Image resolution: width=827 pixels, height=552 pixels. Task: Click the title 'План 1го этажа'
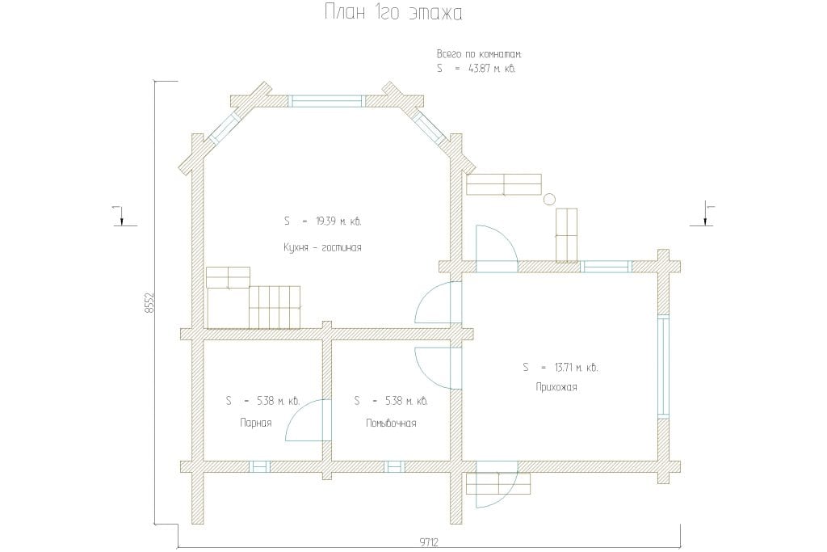pos(393,13)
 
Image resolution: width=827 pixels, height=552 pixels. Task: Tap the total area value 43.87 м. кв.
pos(492,69)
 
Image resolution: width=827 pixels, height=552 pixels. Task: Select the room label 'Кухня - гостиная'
pos(322,247)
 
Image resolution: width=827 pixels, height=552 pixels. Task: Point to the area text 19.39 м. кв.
pos(338,221)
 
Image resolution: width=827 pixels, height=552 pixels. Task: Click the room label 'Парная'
pos(256,423)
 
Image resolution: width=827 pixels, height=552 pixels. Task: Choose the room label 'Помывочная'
pos(391,423)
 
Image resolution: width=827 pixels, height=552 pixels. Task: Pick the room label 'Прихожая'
pos(556,387)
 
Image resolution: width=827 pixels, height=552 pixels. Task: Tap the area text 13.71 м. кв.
pos(576,367)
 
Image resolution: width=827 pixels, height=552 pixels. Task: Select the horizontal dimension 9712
pos(429,542)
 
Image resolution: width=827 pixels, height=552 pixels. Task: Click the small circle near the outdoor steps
pos(549,199)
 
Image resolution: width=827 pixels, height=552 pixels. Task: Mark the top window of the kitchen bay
pos(327,101)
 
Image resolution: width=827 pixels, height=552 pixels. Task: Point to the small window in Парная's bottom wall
pos(259,466)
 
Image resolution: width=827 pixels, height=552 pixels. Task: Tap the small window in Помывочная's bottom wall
pos(394,466)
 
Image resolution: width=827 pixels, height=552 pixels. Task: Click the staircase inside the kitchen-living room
pos(254,298)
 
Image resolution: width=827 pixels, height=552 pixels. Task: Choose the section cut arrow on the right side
pos(705,214)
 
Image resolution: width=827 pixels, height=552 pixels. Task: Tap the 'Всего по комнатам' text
pos(479,54)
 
